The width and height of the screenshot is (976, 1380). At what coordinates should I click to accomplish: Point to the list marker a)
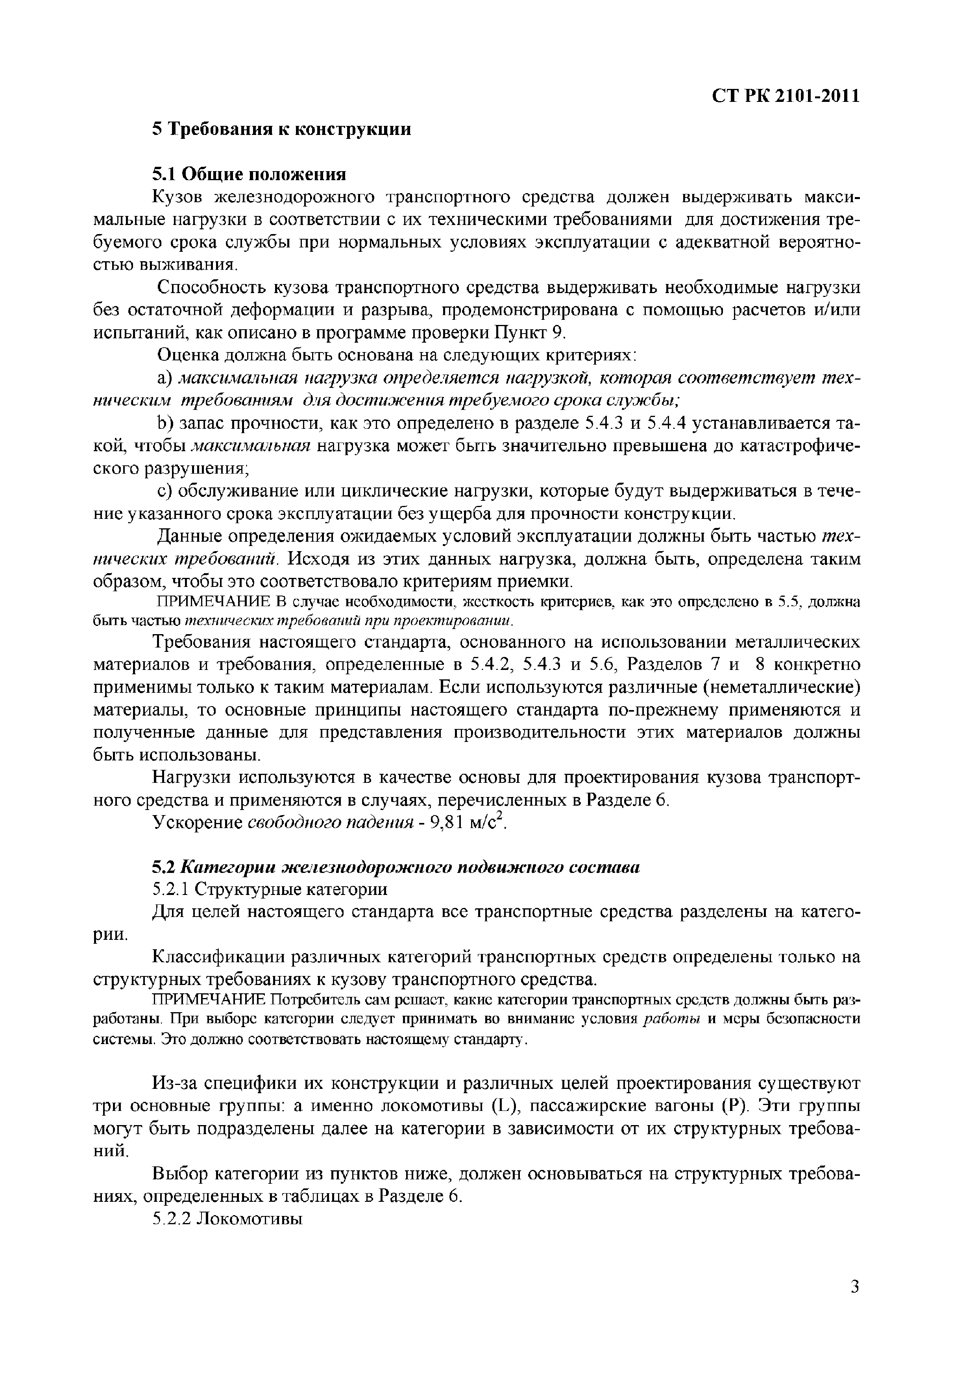tap(165, 379)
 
